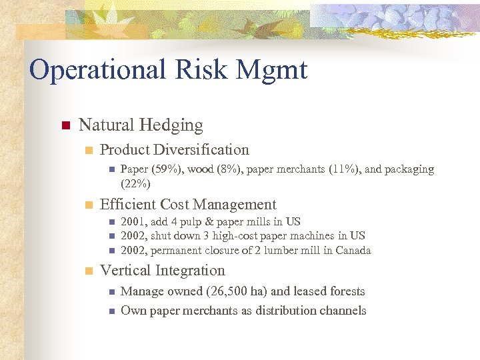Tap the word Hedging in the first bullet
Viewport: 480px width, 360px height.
(x=172, y=125)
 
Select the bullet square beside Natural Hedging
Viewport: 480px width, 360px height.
(x=65, y=125)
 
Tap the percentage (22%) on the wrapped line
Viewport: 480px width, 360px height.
(x=135, y=183)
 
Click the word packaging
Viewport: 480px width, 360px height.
(x=408, y=169)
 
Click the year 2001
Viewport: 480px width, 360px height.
(x=133, y=221)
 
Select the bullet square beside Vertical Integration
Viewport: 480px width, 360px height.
(x=87, y=271)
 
